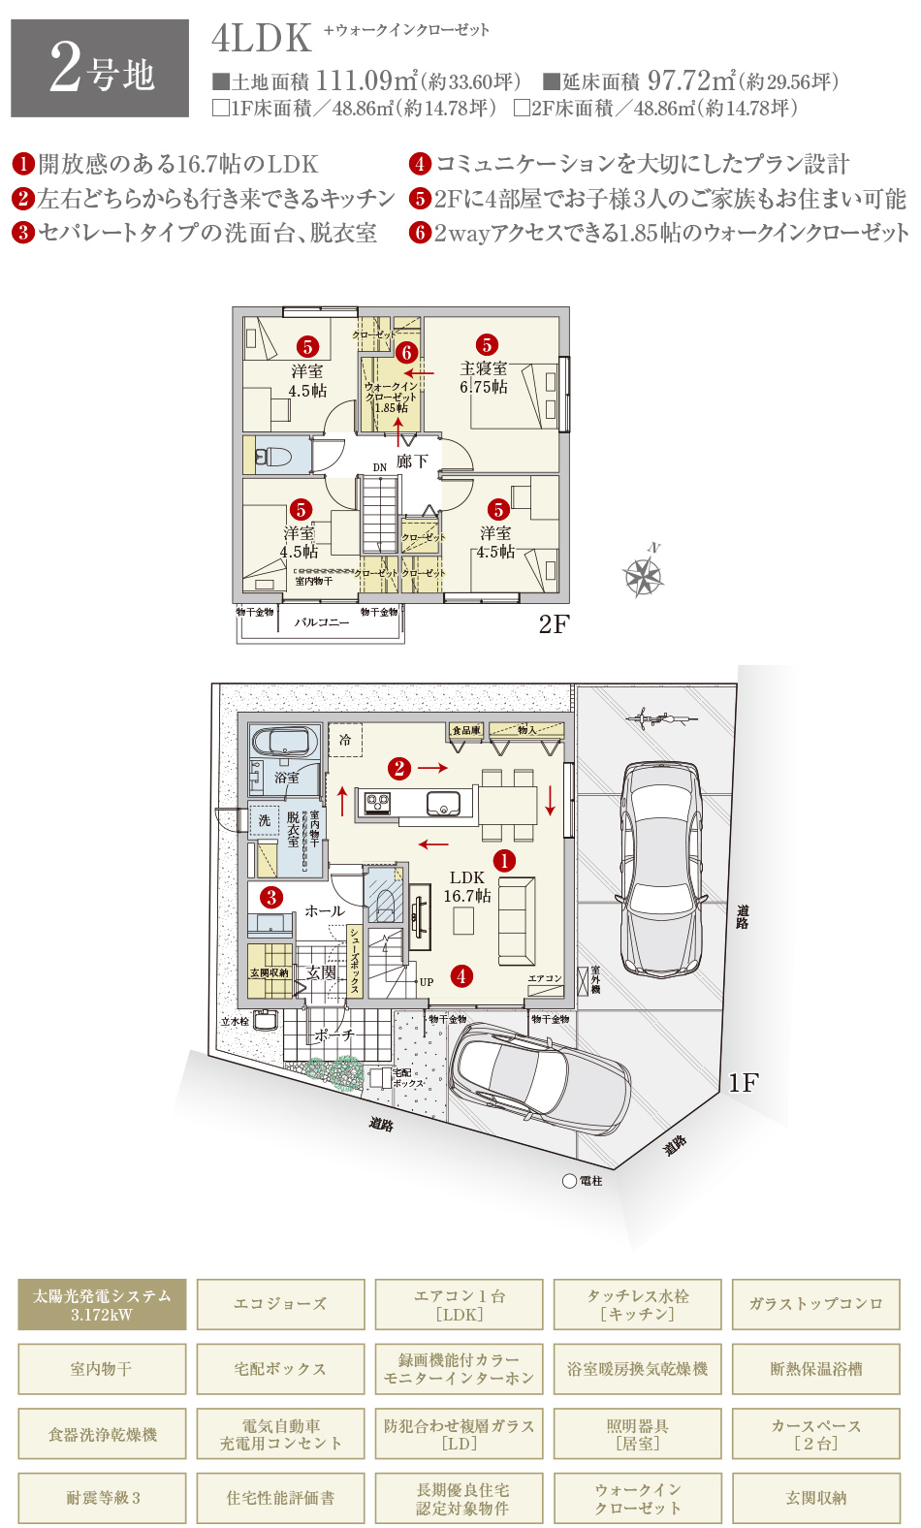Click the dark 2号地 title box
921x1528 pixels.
[100, 68]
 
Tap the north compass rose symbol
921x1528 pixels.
[643, 577]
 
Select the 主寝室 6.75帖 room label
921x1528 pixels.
[484, 377]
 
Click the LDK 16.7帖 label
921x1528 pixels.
[467, 886]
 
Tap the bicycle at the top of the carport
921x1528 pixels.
[662, 718]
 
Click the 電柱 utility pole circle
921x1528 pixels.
[570, 1181]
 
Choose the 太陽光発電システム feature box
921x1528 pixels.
[102, 1305]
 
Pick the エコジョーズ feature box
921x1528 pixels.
[280, 1305]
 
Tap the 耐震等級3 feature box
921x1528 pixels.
[102, 1498]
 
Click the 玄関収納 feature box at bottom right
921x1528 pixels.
[815, 1498]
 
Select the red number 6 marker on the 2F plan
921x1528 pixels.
[406, 353]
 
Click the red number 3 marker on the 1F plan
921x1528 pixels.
[271, 897]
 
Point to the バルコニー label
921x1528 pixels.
[321, 622]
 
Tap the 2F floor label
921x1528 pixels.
[554, 624]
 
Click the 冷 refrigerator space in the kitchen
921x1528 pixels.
[345, 741]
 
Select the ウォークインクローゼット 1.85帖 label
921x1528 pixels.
[391, 397]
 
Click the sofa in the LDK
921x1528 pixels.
[516, 920]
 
